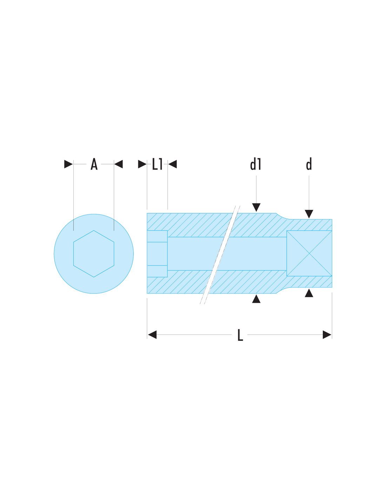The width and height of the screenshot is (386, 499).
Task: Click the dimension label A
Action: pyautogui.click(x=94, y=164)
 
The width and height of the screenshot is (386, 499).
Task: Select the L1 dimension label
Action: pyautogui.click(x=157, y=164)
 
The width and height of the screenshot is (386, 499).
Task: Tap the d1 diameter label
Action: pyautogui.click(x=255, y=164)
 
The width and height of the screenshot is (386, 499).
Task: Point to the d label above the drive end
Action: pyautogui.click(x=309, y=164)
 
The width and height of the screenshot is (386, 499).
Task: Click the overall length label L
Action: pyautogui.click(x=240, y=335)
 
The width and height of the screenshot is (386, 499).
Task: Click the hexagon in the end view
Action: pyautogui.click(x=94, y=254)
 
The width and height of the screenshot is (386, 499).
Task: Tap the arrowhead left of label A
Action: pyautogui.click(x=68, y=164)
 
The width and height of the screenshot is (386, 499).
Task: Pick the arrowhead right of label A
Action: pyautogui.click(x=119, y=164)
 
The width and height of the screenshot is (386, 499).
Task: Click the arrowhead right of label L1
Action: pyautogui.click(x=172, y=164)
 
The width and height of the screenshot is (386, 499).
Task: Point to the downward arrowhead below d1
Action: pyautogui.click(x=256, y=207)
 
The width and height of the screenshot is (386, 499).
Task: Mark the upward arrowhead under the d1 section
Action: pyautogui.click(x=256, y=299)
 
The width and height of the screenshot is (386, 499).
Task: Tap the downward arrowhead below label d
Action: pyautogui.click(x=309, y=214)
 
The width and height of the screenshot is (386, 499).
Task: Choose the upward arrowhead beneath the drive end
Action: pyautogui.click(x=309, y=293)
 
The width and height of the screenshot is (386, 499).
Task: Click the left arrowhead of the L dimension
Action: pyautogui.click(x=152, y=334)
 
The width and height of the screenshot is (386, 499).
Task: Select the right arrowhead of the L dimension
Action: pyautogui.click(x=327, y=334)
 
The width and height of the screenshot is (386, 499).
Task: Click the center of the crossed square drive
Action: pyautogui.click(x=309, y=253)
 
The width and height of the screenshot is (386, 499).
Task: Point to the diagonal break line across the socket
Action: pyautogui.click(x=220, y=255)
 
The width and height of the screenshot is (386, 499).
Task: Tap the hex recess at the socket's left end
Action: pyautogui.click(x=157, y=254)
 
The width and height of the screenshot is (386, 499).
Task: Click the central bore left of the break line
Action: pyautogui.click(x=191, y=254)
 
